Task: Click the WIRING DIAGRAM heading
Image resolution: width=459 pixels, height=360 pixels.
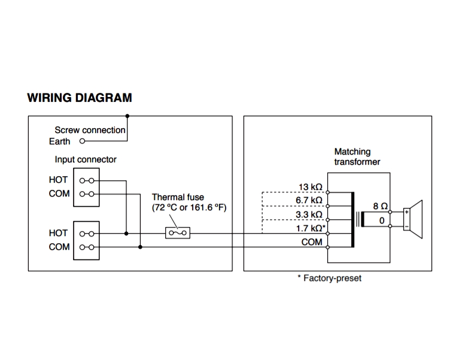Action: point(80,98)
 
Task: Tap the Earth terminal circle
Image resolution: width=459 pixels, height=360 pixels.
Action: point(81,142)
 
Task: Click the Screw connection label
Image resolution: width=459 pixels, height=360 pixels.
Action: point(90,130)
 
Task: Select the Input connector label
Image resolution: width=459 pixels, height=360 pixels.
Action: point(86,160)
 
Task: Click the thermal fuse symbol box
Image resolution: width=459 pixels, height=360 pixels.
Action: point(177,232)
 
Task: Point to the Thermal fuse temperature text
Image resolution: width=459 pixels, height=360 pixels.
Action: point(189,207)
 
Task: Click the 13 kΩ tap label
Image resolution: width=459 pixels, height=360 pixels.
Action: point(310,187)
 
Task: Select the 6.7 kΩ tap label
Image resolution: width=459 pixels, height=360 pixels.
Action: point(309,200)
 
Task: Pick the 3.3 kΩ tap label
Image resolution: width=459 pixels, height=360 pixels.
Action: point(309,214)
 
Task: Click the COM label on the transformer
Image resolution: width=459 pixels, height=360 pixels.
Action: point(312,242)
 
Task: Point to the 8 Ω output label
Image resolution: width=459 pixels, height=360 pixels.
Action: point(380,205)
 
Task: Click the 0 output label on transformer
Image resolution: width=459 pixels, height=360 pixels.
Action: point(381,220)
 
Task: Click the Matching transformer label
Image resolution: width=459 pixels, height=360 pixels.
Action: point(357,157)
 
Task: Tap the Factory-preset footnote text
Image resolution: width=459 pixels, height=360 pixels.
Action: point(329,279)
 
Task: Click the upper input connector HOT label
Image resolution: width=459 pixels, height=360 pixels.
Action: point(59,180)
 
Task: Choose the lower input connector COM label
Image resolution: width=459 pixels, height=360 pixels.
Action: point(59,247)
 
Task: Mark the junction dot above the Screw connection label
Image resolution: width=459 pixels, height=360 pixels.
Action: point(127,116)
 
